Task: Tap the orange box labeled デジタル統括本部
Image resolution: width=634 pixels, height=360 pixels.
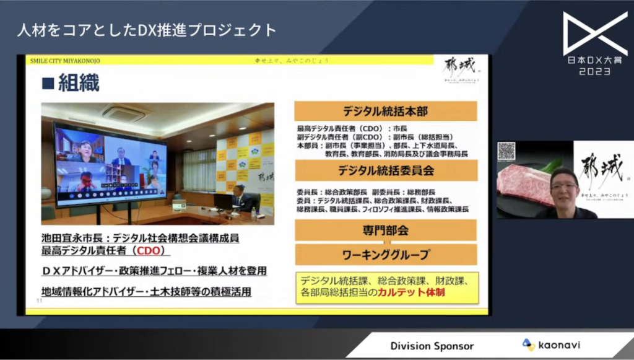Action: pos(386,112)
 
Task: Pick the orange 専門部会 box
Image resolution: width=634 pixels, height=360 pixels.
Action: pos(385,230)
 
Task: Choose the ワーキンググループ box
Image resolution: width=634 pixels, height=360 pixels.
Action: pos(386,254)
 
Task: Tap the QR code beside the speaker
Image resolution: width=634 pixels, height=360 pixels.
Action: pos(506,151)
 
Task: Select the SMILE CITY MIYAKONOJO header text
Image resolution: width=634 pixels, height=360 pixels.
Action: pos(66,61)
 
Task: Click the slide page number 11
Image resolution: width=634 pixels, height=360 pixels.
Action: pos(39,301)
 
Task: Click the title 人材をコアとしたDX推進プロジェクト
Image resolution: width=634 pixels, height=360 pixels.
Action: pos(147,30)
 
